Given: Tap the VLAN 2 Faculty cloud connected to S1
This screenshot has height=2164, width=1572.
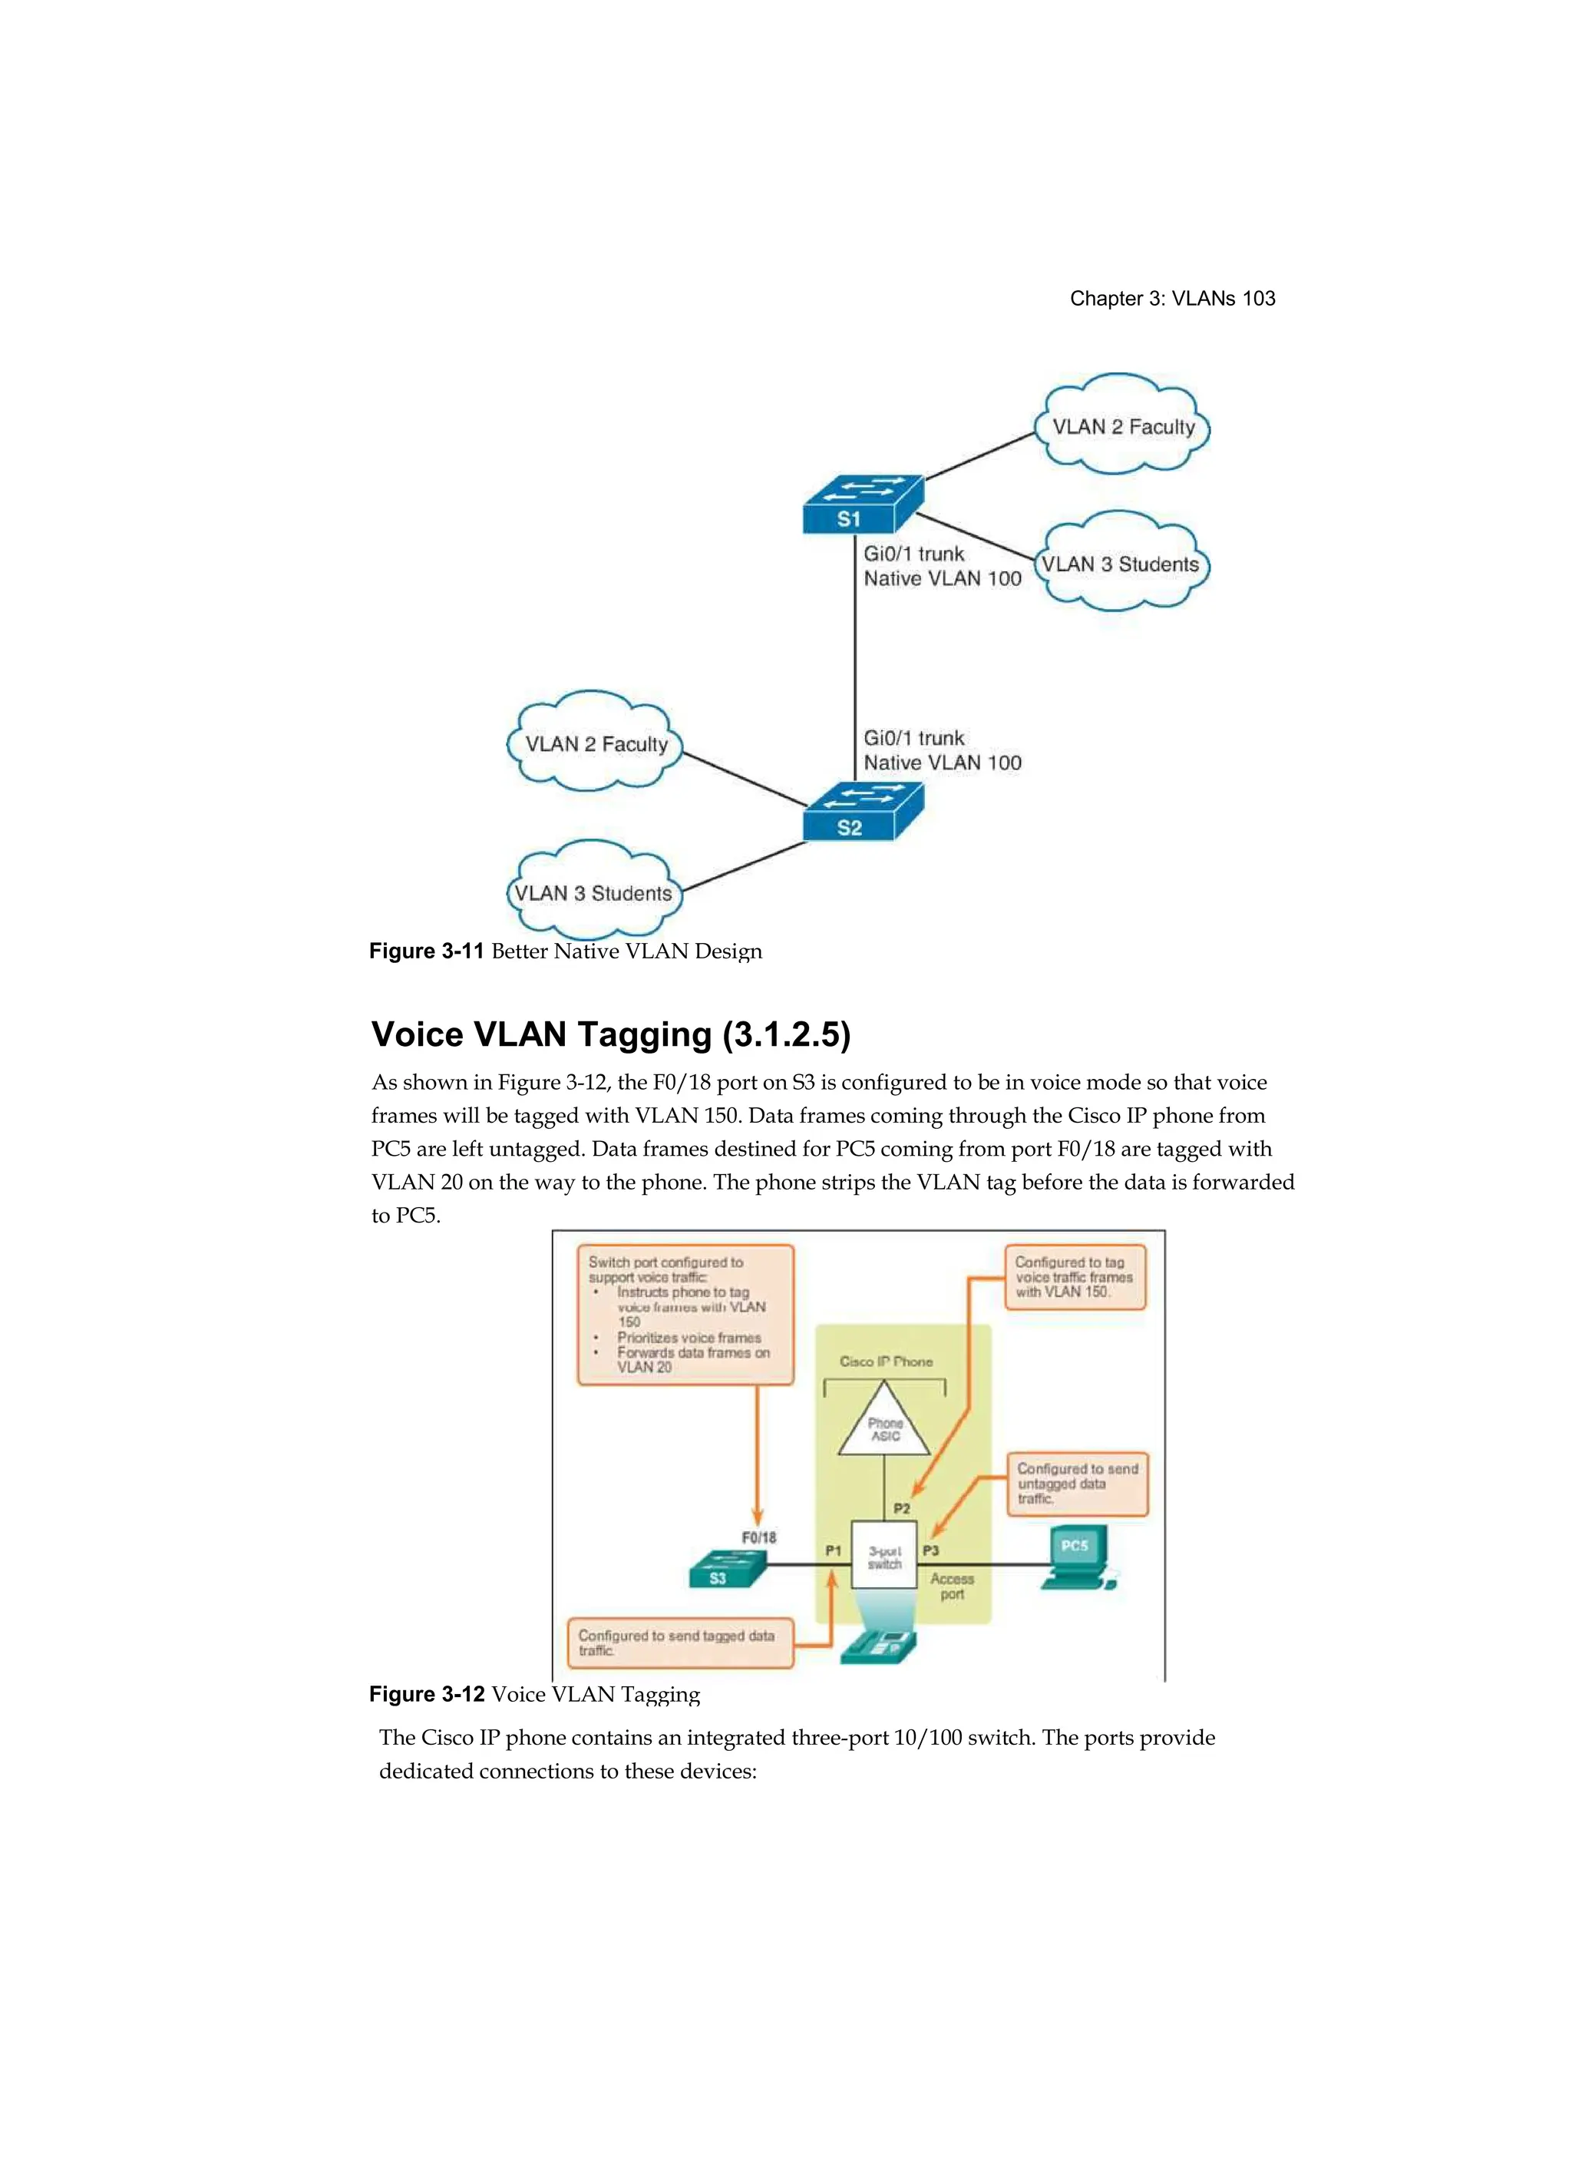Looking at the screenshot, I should (x=1123, y=425).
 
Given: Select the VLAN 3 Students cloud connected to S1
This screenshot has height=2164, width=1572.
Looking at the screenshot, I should (x=1121, y=563).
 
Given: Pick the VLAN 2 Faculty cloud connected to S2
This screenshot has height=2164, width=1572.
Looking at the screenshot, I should (x=595, y=743).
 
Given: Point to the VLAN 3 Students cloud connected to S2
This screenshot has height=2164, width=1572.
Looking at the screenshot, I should (x=593, y=892).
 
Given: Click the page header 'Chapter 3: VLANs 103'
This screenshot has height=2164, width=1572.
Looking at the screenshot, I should (x=1171, y=299).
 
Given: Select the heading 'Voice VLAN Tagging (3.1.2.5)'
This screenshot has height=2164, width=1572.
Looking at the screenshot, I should (x=610, y=1034).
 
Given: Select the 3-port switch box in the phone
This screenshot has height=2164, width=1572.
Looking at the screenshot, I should (x=883, y=1554).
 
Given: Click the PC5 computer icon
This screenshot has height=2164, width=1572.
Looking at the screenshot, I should (x=1076, y=1557).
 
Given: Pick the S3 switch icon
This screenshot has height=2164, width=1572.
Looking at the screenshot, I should (x=727, y=1569).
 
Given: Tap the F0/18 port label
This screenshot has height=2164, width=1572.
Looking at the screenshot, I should (x=758, y=1537).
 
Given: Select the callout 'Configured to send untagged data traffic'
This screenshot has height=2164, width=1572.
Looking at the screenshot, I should (x=1076, y=1484).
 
